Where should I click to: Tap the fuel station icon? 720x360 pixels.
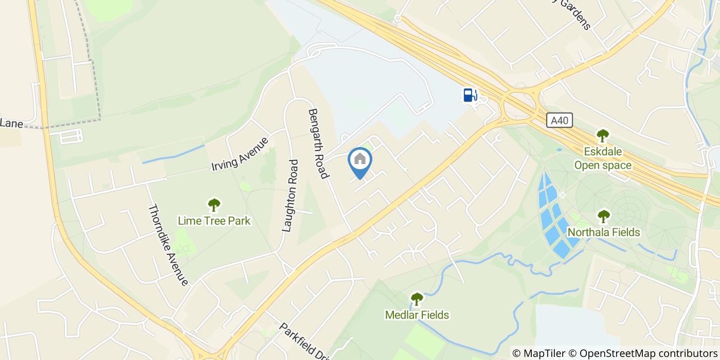point(470,95)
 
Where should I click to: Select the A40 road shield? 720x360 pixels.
point(559,120)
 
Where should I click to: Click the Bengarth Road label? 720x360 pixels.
point(318,143)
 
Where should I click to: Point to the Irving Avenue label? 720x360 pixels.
point(240,154)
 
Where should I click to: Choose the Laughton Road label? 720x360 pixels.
point(291,195)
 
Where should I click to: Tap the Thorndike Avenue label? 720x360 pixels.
point(168,245)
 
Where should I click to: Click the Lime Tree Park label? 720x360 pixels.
point(214,221)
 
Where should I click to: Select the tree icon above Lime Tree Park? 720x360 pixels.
point(214,205)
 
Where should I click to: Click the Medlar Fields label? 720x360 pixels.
point(417,315)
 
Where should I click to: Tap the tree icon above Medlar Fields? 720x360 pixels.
point(417,299)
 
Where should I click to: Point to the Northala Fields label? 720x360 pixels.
point(604,232)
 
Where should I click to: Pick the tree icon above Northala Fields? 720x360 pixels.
point(604,216)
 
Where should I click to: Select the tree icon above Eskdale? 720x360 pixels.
point(603,136)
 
